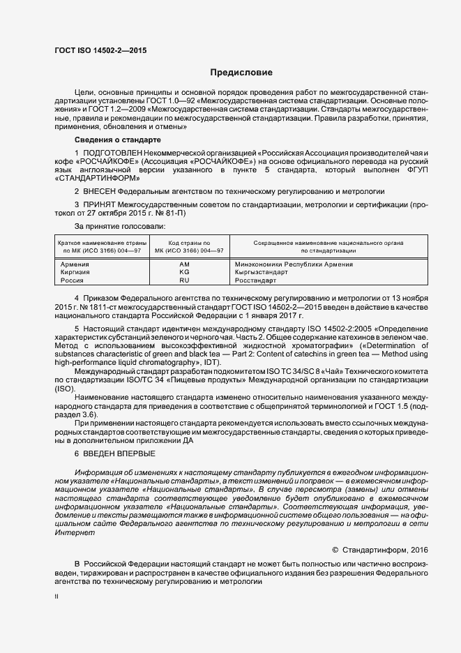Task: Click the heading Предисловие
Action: [x=241, y=73]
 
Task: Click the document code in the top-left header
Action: [x=100, y=50]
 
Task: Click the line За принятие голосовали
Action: [x=120, y=227]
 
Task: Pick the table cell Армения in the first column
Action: [x=75, y=264]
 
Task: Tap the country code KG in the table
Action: [x=184, y=272]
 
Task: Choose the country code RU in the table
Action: [x=184, y=280]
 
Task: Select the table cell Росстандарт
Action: [x=257, y=280]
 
